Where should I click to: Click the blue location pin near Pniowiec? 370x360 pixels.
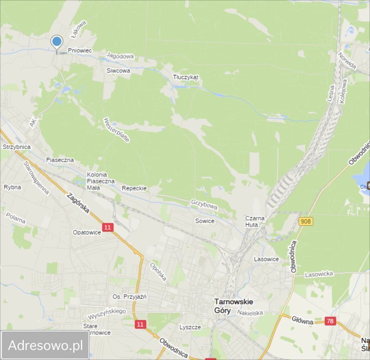click(x=57, y=43)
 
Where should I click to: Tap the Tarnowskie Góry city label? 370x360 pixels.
click(x=233, y=306)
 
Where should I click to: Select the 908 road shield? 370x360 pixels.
click(x=306, y=221)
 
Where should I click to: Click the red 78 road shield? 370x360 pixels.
click(x=330, y=321)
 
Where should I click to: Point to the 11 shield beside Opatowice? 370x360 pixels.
click(x=108, y=227)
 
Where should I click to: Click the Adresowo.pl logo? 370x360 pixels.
click(x=45, y=345)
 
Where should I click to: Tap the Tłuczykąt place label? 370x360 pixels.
click(x=185, y=77)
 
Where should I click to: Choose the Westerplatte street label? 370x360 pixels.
click(x=117, y=130)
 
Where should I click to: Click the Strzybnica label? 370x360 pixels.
click(x=17, y=147)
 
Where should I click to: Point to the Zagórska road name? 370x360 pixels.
click(x=78, y=203)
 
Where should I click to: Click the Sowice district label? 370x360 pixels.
click(x=205, y=221)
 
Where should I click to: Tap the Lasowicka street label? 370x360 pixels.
click(x=319, y=274)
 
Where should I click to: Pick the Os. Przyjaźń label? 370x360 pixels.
click(x=129, y=297)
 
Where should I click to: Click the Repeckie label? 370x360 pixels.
click(x=134, y=188)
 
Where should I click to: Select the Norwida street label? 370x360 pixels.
click(x=347, y=61)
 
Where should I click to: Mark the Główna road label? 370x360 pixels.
click(x=303, y=321)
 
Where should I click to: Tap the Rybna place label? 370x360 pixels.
click(x=12, y=187)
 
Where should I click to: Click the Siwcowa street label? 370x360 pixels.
click(x=118, y=70)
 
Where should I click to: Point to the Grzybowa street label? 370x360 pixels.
click(x=204, y=204)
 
